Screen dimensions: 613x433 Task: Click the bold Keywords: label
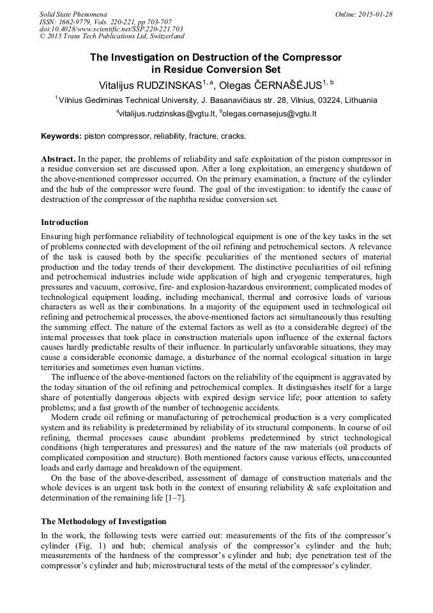(61, 136)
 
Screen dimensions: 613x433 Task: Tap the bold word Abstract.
(58, 158)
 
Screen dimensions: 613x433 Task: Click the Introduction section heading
(65, 222)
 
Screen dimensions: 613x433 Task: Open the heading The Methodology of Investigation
(103, 522)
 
